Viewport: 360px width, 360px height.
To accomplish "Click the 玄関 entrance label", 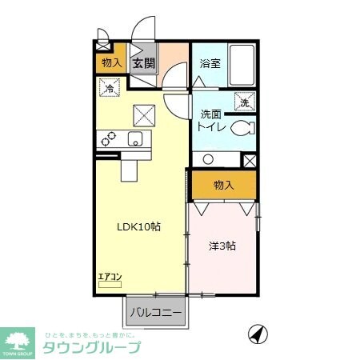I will (x=144, y=63).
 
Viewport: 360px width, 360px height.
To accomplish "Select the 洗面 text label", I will (x=211, y=114).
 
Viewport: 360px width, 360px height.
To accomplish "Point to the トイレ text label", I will (x=212, y=126).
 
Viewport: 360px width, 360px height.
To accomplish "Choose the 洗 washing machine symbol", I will (x=245, y=101).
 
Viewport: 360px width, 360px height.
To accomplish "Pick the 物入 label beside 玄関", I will (x=110, y=63).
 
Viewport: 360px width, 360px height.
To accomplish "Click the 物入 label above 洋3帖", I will (x=223, y=186).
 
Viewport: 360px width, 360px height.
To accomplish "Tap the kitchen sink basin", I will (x=136, y=138).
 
